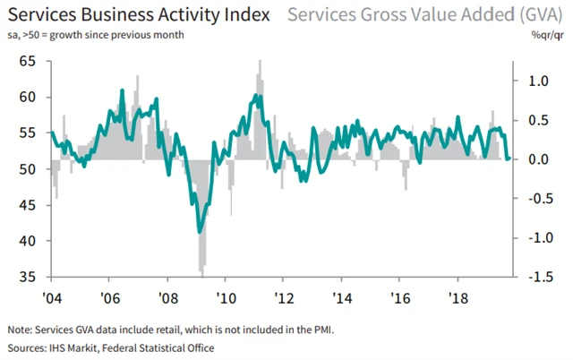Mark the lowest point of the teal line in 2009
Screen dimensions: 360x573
(201, 232)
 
